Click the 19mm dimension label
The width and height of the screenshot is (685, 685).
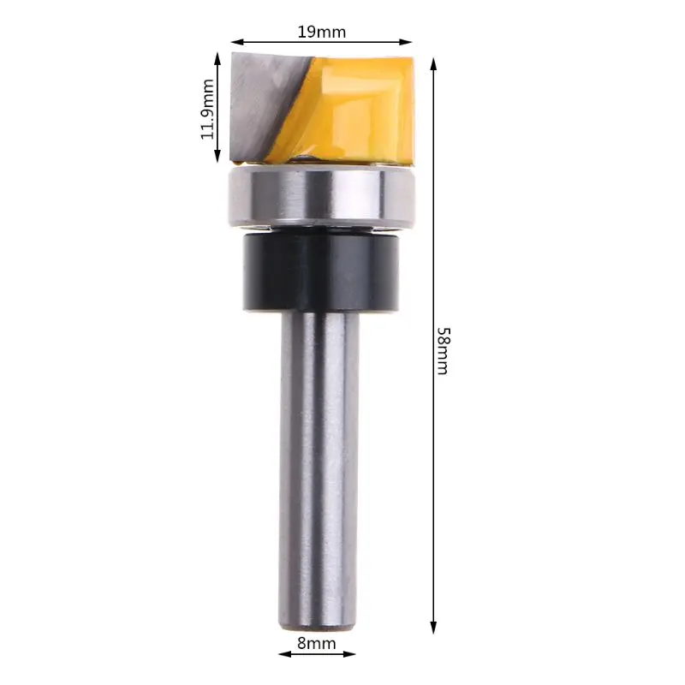point(321,32)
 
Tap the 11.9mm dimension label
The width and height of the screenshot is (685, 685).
point(207,109)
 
